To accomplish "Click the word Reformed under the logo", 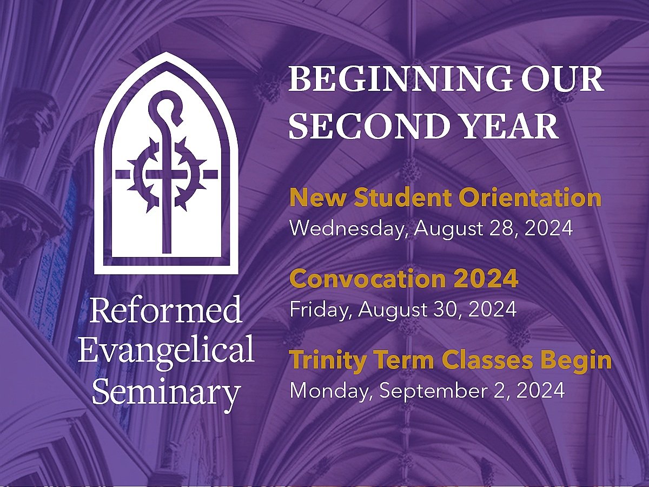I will point(165,311).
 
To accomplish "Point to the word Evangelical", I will point(166,351).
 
